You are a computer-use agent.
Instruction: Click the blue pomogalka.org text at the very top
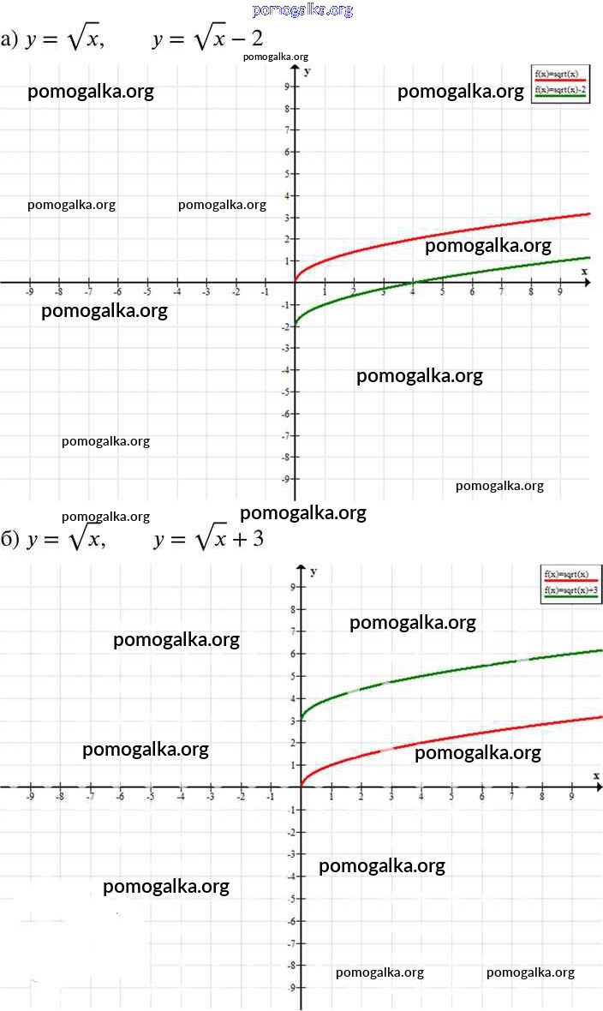click(x=303, y=10)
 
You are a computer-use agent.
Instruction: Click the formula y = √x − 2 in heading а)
click(x=207, y=40)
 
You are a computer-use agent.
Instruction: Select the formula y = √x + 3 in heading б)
click(x=208, y=540)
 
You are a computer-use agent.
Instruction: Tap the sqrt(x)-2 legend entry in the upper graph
click(x=560, y=89)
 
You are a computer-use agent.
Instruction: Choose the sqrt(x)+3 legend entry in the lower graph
click(x=570, y=590)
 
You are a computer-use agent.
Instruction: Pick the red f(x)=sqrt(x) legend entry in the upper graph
click(x=560, y=75)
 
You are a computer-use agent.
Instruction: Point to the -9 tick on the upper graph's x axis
click(x=29, y=291)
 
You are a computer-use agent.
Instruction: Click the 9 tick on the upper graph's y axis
click(x=286, y=87)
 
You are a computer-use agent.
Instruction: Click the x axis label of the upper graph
click(x=585, y=271)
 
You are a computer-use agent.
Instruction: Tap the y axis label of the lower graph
click(x=313, y=571)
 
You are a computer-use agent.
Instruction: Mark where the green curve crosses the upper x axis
click(x=413, y=281)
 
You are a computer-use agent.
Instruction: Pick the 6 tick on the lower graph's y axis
click(x=292, y=654)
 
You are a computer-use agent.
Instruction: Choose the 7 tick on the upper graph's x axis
click(x=501, y=292)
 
